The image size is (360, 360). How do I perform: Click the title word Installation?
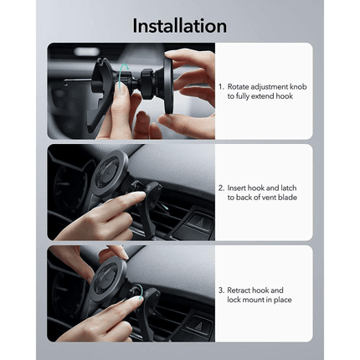tap(179, 26)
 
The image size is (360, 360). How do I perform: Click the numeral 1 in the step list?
tap(219, 86)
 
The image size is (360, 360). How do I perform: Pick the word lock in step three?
tap(235, 300)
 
